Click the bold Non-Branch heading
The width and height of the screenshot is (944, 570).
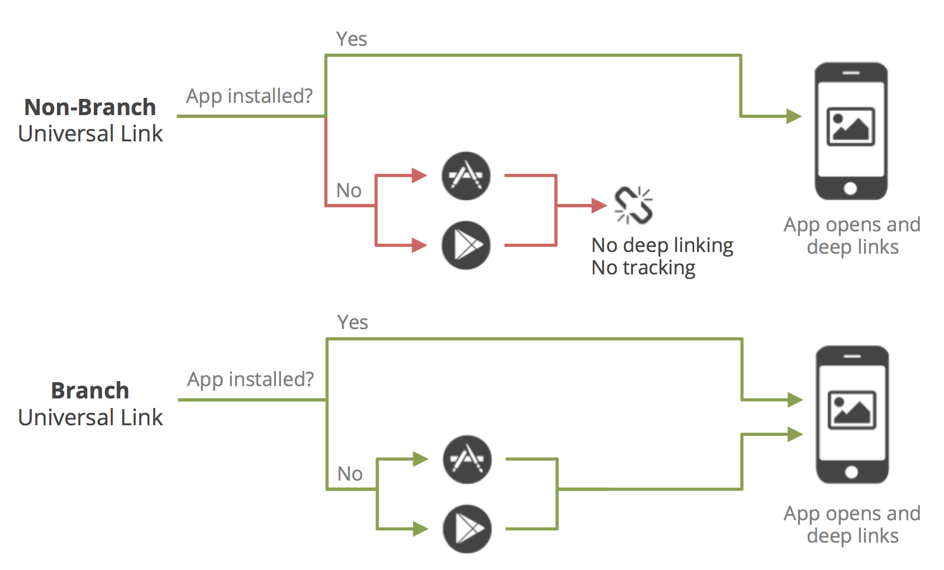tap(90, 107)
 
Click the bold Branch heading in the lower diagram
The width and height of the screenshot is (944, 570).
tap(90, 391)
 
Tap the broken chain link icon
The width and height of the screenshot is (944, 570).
tap(633, 205)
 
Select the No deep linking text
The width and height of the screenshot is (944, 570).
tap(662, 245)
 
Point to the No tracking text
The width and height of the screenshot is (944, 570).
tap(643, 268)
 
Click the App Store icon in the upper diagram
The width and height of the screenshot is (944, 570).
tap(466, 176)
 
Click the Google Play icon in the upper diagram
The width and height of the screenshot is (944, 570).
tap(466, 245)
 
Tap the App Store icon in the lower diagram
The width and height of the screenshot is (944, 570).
tap(467, 459)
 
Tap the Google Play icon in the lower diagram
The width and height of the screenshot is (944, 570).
tap(467, 529)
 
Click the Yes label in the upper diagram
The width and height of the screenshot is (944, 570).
tap(351, 39)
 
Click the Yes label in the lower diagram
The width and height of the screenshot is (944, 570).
tap(352, 322)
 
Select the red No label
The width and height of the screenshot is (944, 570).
tap(349, 191)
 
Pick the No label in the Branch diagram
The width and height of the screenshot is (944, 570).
tap(350, 474)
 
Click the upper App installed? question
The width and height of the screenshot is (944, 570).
tap(249, 96)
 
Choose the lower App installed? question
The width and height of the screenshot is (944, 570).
tap(250, 379)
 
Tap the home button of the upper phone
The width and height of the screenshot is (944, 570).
tap(850, 188)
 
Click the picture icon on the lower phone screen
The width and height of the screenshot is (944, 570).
tap(852, 410)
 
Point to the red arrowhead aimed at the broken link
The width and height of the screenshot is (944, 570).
tap(599, 206)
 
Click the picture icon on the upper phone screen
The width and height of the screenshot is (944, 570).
tap(851, 126)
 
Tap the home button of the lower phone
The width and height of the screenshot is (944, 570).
tap(851, 472)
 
